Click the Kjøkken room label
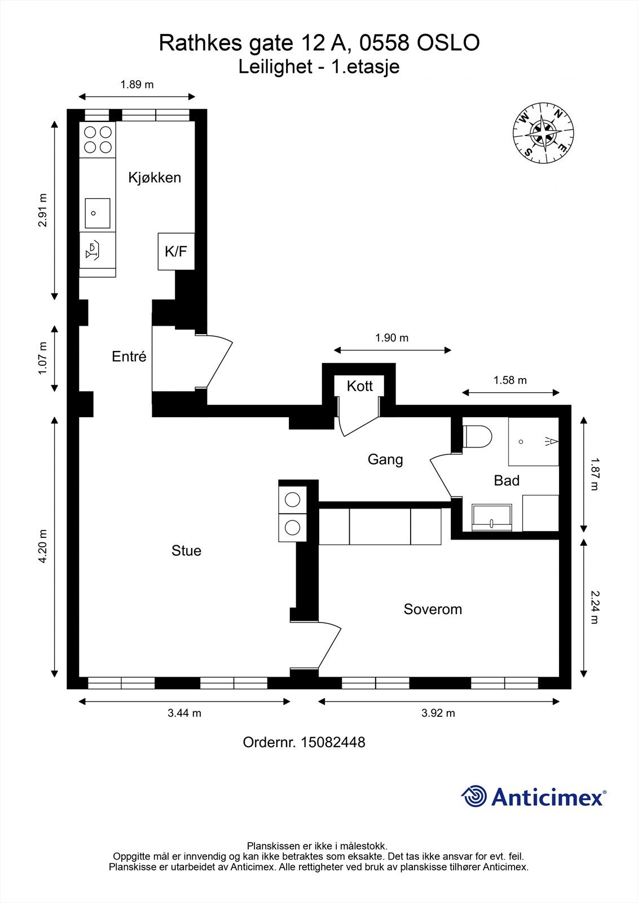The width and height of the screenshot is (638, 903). [x=155, y=177]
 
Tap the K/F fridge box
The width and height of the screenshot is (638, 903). [x=176, y=251]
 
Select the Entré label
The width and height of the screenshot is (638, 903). [x=129, y=356]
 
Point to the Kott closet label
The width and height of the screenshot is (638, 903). [x=359, y=386]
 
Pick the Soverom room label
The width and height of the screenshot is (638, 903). [x=433, y=609]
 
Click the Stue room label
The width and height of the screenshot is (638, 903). [x=186, y=551]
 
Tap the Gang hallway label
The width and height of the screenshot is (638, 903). [x=385, y=459]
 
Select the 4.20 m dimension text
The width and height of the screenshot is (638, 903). [x=43, y=545]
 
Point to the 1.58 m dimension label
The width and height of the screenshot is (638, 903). [x=511, y=380]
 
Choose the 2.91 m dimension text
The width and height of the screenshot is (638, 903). [x=43, y=210]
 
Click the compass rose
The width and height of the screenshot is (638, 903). [x=543, y=133]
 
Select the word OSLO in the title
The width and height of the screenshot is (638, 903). [x=448, y=43]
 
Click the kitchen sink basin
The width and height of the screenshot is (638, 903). [x=98, y=213]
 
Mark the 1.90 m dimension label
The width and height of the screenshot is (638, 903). [x=391, y=338]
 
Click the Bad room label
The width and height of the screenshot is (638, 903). [x=507, y=480]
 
